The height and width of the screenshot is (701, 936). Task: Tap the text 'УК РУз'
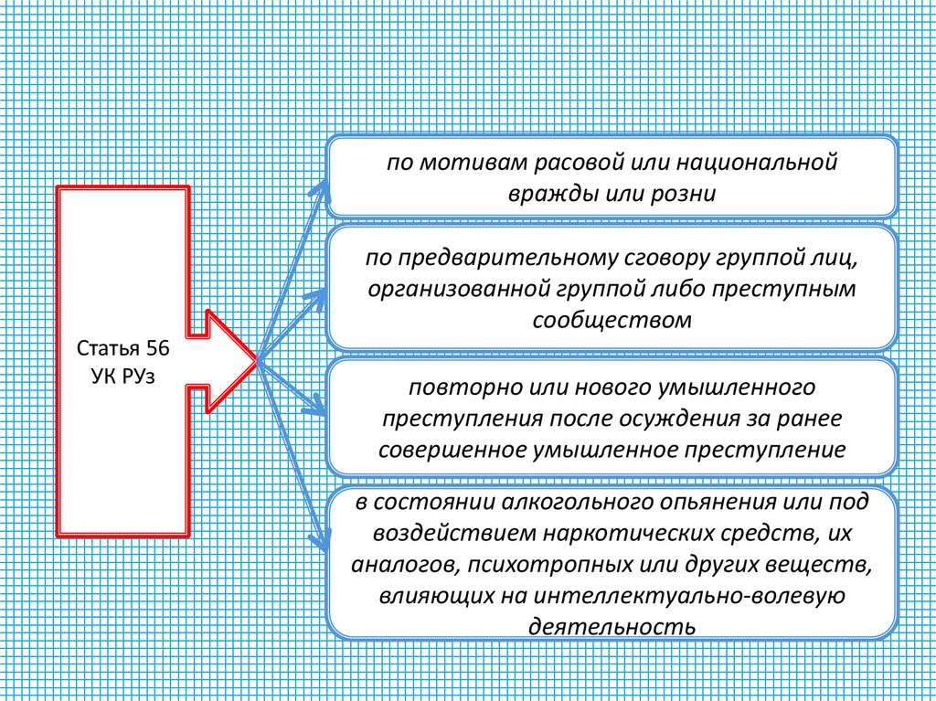[x=123, y=377]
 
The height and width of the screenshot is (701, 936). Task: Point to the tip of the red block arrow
[x=257, y=362]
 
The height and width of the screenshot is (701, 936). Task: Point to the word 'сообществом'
[x=611, y=320]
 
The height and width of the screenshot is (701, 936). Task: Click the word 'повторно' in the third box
[x=454, y=388]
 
